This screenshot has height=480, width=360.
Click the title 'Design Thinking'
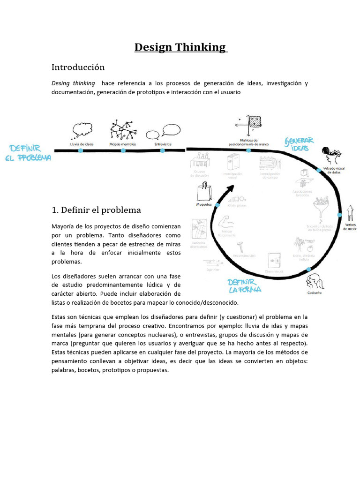pos(180,47)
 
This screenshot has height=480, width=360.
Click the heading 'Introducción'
pos(78,67)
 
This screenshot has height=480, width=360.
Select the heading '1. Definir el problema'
pos(96,210)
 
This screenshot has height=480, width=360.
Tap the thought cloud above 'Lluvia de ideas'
pos(82,130)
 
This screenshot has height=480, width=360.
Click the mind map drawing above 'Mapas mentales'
pos(122,129)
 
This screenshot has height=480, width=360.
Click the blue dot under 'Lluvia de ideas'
pos(80,150)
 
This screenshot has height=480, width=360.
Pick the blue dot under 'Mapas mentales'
pos(123,150)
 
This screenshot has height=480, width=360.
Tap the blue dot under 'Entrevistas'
pos(162,150)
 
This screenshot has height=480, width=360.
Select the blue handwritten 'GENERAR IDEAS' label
pos(299,144)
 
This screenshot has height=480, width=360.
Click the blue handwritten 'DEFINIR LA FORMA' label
pos(244,285)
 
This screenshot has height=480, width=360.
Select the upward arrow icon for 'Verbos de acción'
pos(350,213)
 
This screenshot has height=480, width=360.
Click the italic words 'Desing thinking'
pos(73,83)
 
